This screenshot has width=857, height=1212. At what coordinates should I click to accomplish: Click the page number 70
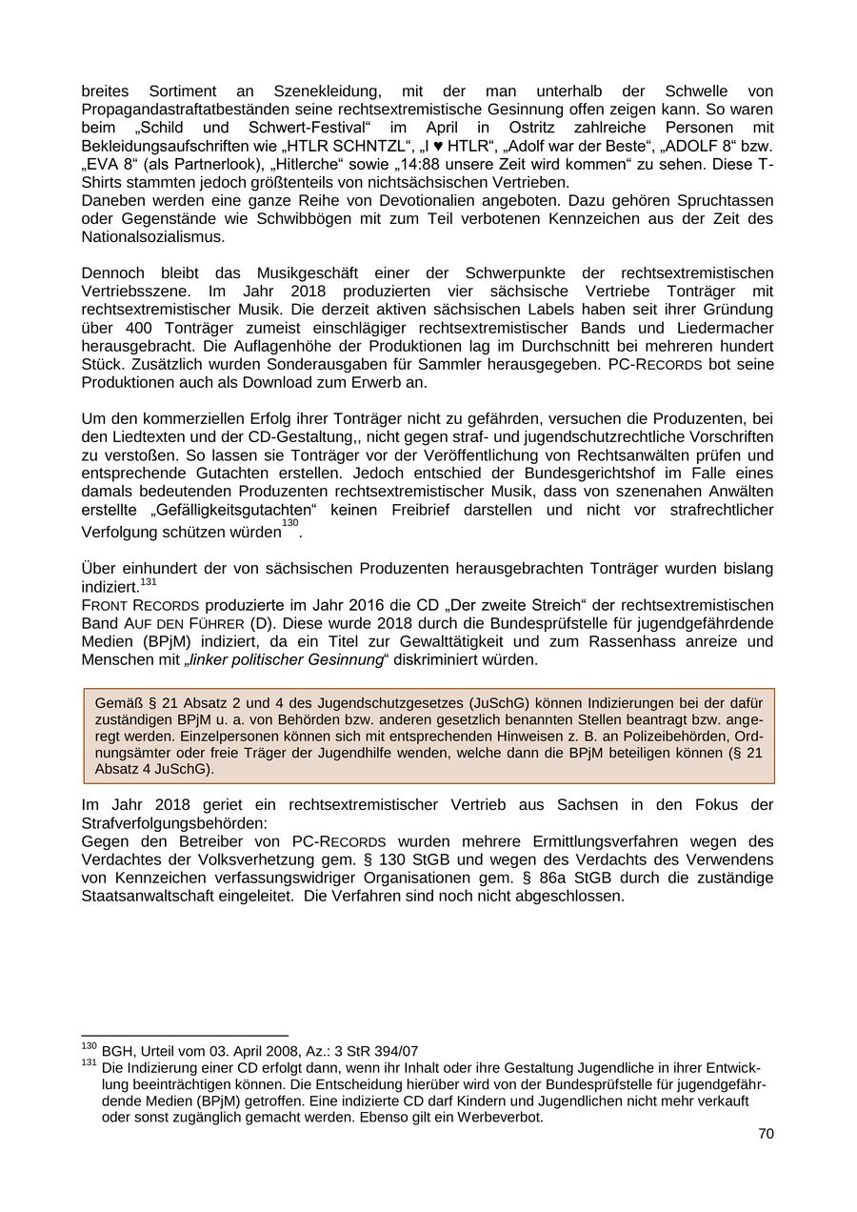point(766,1134)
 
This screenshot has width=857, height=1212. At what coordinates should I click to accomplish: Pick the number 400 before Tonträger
point(130,328)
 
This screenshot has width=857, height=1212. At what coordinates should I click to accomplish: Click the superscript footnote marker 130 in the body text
point(289,523)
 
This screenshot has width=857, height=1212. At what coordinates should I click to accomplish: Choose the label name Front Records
point(140,605)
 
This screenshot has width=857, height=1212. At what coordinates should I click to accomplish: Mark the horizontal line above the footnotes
point(185,1035)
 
